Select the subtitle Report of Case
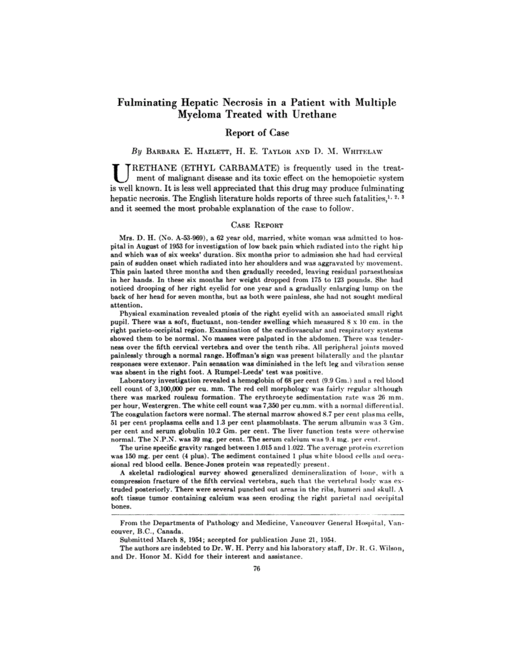[257, 133]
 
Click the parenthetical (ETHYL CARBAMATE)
[229, 168]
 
